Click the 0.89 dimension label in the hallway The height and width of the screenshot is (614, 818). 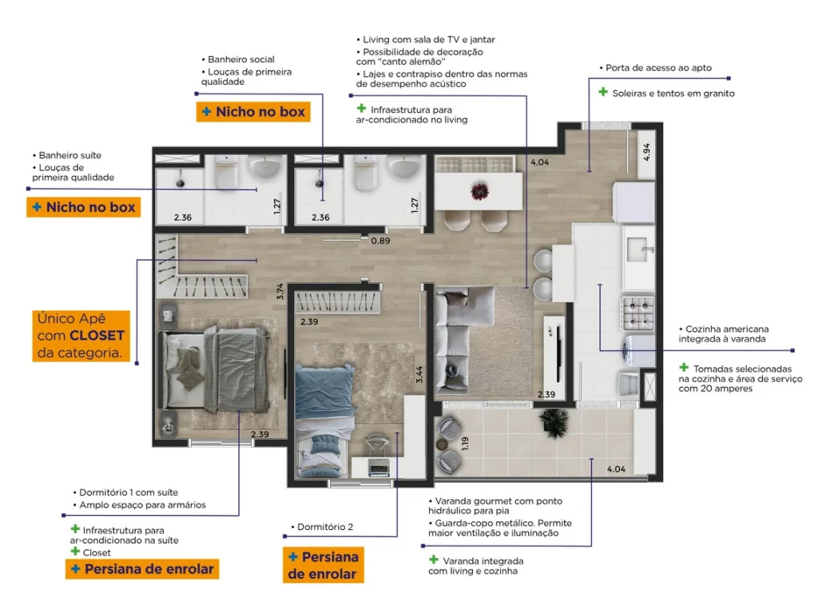(x=380, y=241)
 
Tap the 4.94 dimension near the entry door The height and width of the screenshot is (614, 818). (x=646, y=152)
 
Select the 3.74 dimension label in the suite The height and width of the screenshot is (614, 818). (x=280, y=291)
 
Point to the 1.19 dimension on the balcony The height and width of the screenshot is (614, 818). (x=465, y=443)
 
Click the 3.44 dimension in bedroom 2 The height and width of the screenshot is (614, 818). (x=419, y=374)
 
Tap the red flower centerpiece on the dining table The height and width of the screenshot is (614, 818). (x=479, y=191)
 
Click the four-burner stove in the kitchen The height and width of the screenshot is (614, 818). (x=638, y=313)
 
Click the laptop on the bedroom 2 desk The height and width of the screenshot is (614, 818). (x=379, y=467)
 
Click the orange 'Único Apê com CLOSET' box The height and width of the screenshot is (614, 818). (x=81, y=336)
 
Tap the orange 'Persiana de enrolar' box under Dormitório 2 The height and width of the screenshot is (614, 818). (x=323, y=565)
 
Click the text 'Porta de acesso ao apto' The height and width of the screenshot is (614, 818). (x=658, y=68)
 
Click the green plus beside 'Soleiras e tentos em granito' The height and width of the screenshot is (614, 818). (x=603, y=92)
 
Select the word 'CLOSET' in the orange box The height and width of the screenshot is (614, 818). (x=97, y=336)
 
